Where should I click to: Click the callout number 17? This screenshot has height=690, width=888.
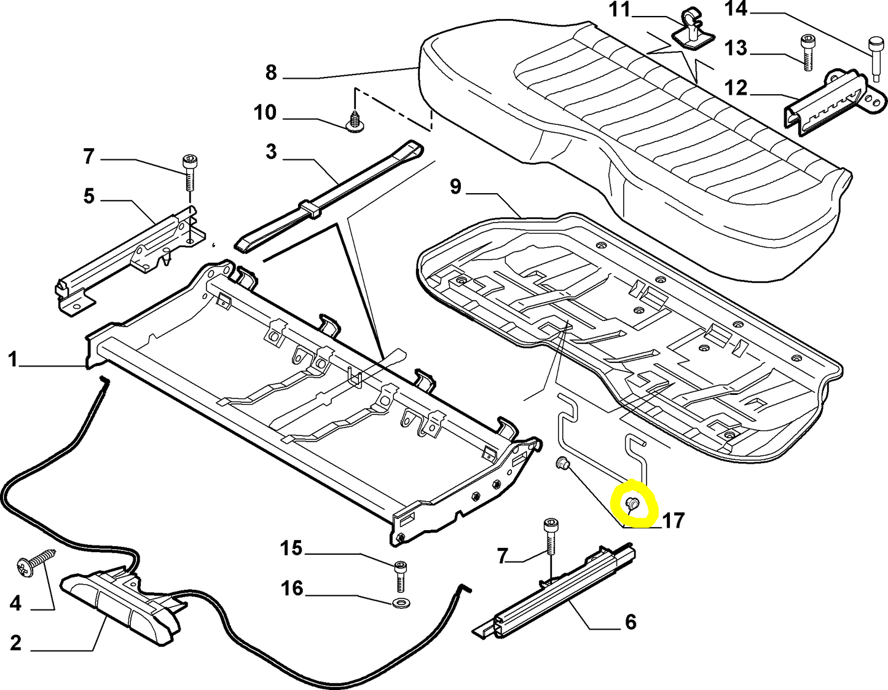click(x=674, y=521)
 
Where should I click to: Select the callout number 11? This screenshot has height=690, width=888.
click(x=619, y=10)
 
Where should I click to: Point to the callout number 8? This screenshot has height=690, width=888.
click(x=271, y=73)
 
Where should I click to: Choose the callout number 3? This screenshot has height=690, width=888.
click(x=271, y=152)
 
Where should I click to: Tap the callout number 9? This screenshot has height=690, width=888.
click(x=455, y=186)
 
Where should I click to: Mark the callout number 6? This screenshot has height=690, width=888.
click(x=631, y=622)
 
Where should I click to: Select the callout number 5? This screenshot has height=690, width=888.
click(x=89, y=197)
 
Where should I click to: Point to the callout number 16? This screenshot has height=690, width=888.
click(x=292, y=589)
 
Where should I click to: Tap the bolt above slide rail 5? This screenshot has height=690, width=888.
click(x=188, y=173)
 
